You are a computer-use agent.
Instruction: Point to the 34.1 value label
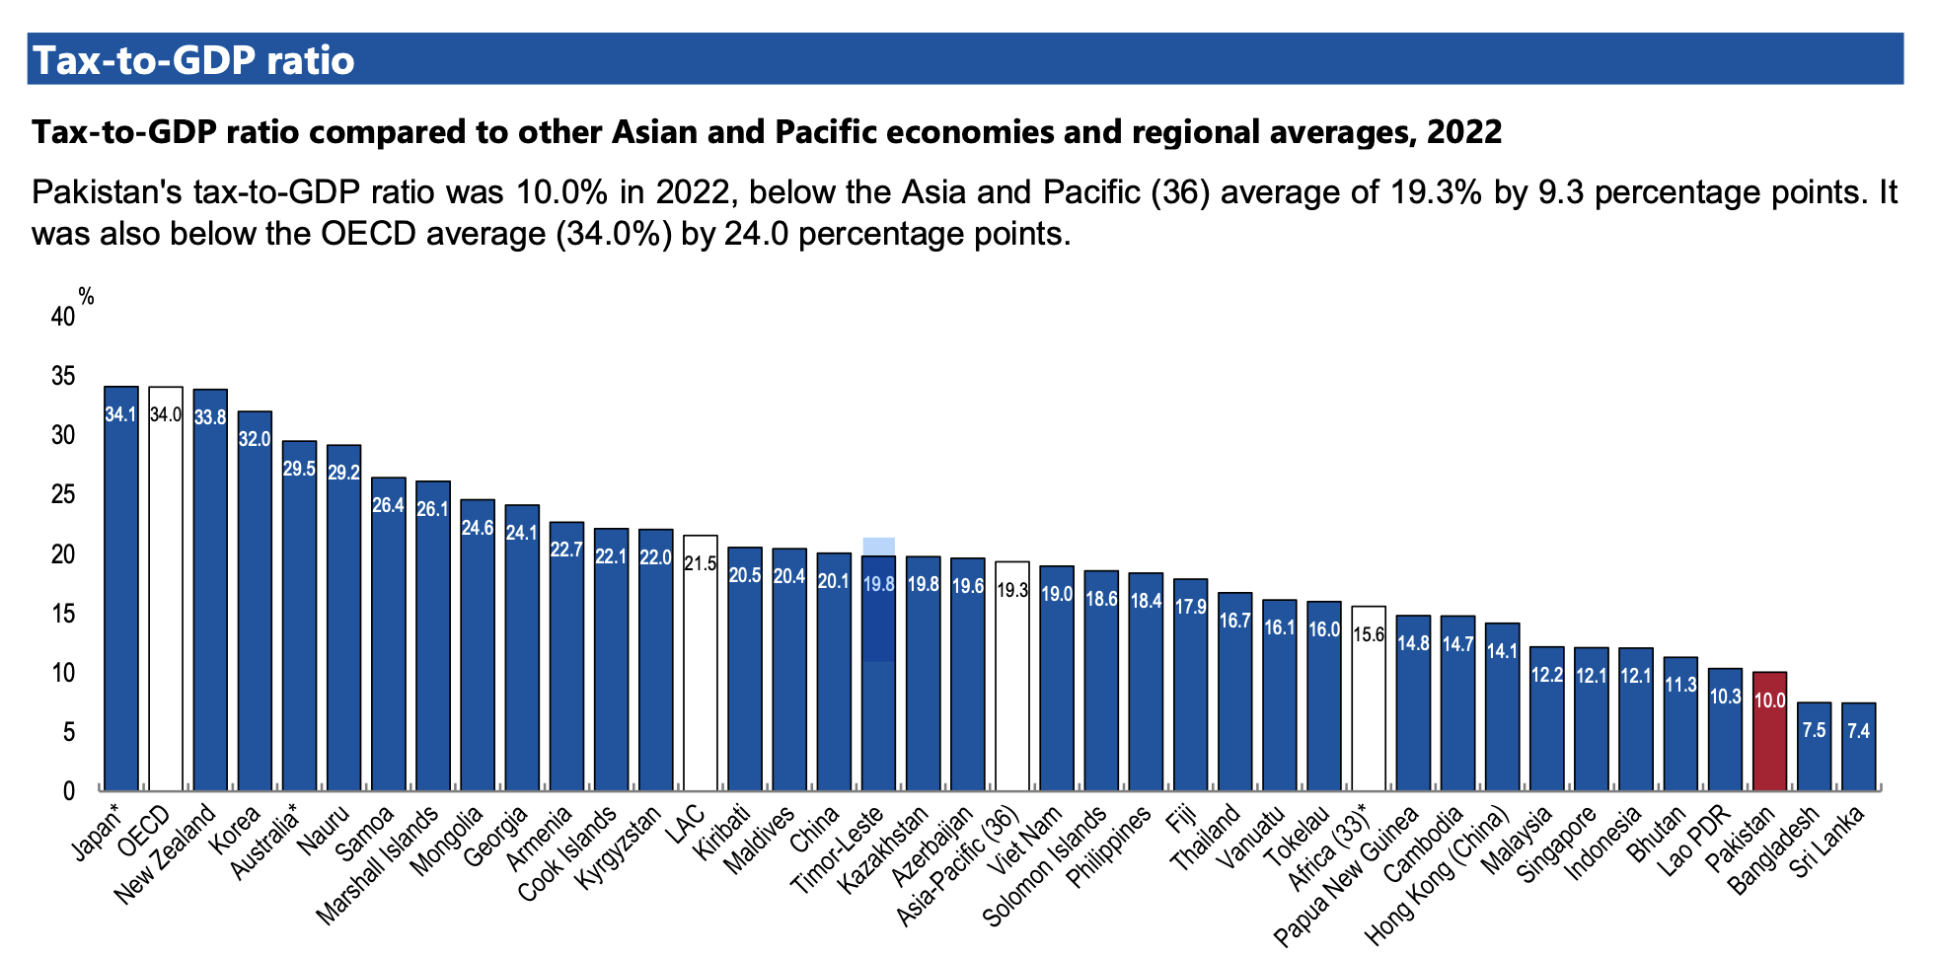click(x=121, y=415)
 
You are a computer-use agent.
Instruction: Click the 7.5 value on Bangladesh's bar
click(x=1814, y=731)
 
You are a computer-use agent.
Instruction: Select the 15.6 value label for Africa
click(x=1369, y=634)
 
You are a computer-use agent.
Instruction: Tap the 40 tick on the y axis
click(x=62, y=317)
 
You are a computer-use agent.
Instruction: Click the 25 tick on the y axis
click(x=62, y=494)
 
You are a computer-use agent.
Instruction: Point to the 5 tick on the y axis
click(x=68, y=732)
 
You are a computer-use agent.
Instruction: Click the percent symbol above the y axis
click(x=87, y=296)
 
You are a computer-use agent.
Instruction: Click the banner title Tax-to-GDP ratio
click(x=194, y=60)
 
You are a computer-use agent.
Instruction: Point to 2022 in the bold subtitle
click(x=1464, y=132)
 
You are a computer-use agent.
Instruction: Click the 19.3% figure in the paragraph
click(x=1436, y=191)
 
